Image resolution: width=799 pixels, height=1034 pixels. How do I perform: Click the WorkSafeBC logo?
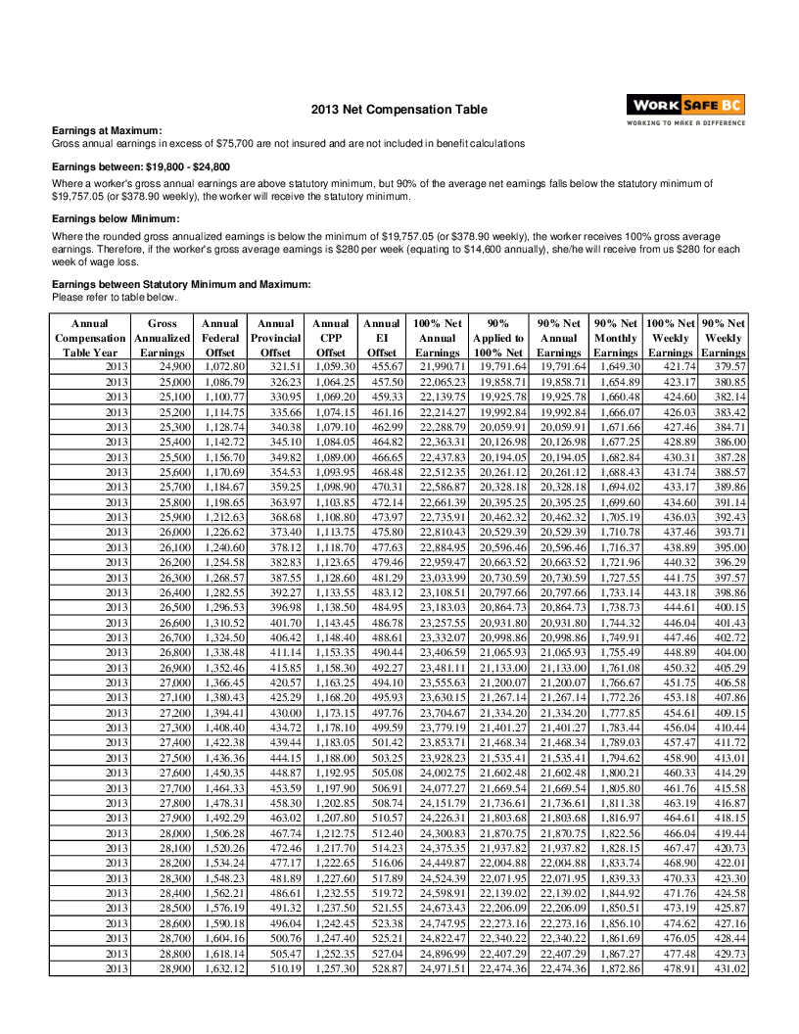pyautogui.click(x=685, y=106)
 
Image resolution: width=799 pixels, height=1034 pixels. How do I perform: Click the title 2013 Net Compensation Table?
pyautogui.click(x=399, y=110)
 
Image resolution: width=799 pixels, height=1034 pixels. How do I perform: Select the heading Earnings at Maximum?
pyautogui.click(x=107, y=131)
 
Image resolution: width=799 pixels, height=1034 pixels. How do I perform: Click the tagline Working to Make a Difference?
pyautogui.click(x=685, y=123)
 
